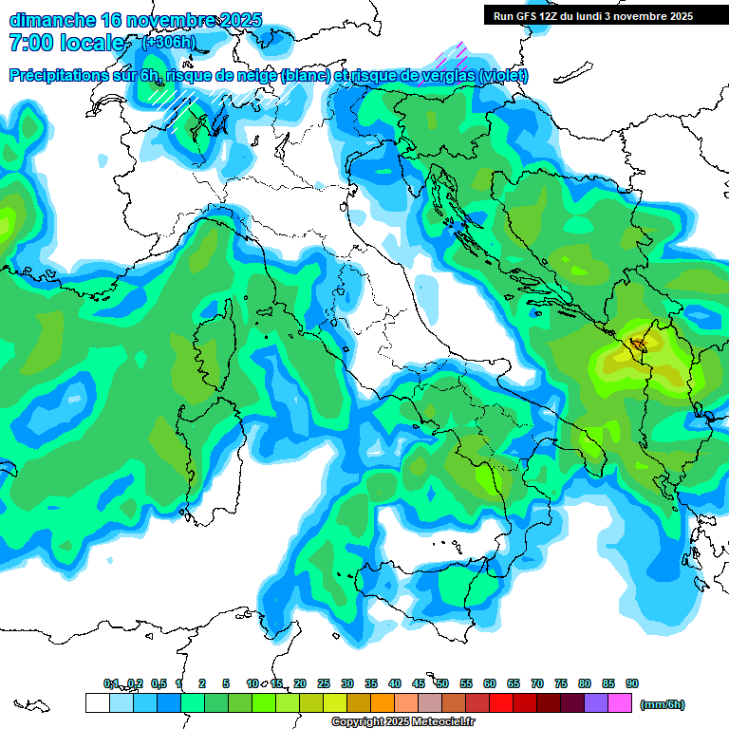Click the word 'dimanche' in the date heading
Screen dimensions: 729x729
50,19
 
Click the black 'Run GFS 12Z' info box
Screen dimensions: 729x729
592,16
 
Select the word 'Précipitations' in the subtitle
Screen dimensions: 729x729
64,75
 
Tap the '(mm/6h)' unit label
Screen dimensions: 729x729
663,704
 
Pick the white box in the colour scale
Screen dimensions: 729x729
97,703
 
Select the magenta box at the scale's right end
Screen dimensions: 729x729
620,703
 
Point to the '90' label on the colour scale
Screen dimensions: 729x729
631,683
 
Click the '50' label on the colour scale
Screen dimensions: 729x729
442,683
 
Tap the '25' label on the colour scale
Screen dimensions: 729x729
324,683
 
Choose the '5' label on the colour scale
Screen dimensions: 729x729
226,683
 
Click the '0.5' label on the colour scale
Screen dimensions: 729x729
159,683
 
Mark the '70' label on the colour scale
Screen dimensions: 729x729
537,683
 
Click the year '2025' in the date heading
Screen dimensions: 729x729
232,19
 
